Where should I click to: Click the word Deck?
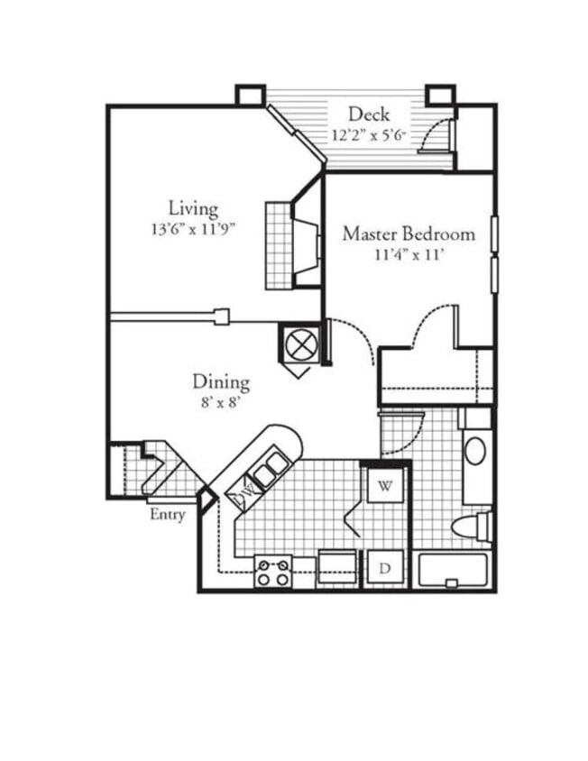368,115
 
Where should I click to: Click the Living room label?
193,209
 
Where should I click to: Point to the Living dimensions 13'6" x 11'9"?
193,230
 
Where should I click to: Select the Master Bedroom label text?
408,234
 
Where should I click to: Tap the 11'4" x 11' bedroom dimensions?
409,255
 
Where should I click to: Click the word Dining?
220,382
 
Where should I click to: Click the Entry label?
167,515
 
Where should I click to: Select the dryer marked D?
385,569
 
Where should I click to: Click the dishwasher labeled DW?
243,493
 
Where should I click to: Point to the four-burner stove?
273,571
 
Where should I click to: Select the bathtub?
454,571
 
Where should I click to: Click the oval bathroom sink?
474,451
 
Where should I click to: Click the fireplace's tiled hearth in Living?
279,243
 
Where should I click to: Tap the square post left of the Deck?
250,95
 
